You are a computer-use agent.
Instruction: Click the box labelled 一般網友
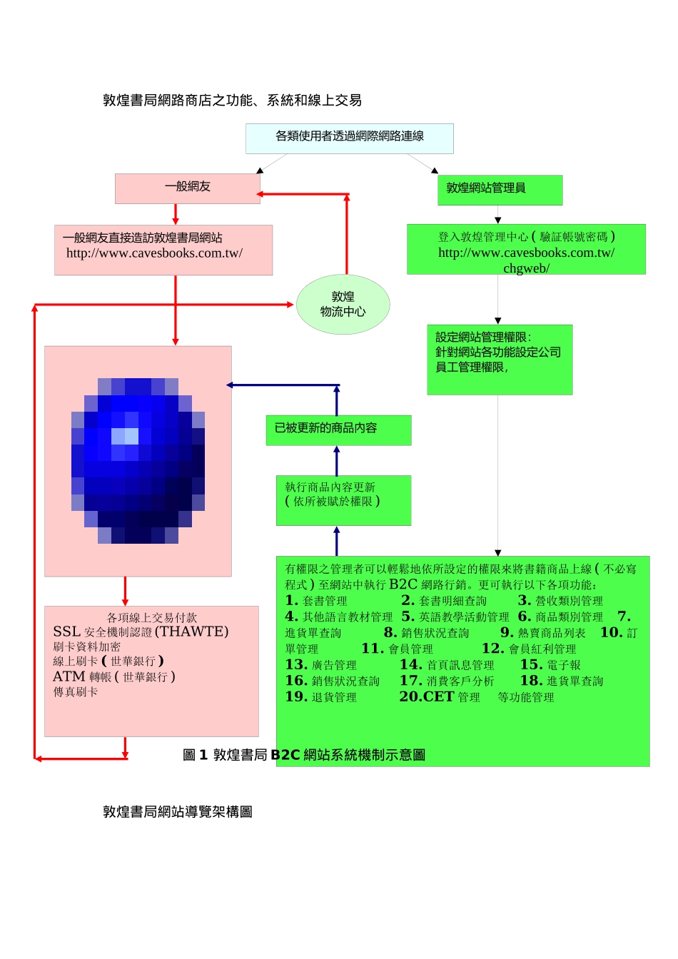188,187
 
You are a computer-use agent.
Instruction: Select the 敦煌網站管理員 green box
500,189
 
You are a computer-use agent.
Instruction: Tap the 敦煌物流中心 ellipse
343,305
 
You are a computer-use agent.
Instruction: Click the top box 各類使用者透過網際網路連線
350,137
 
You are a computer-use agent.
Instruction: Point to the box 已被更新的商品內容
338,430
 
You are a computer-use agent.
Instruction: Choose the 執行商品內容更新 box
343,499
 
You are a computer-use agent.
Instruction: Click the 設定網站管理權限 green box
500,359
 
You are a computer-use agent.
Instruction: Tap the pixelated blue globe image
138,460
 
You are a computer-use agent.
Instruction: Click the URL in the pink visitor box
154,253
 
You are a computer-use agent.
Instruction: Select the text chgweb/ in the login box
526,268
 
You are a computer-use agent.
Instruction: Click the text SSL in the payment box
66,631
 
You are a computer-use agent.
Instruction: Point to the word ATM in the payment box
69,676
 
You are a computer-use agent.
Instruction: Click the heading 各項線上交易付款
151,617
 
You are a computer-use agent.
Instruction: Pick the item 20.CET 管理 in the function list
439,697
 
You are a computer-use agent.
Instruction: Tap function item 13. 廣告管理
320,665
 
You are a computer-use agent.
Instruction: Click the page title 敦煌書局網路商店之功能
232,101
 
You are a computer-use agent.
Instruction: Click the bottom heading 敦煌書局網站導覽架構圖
178,812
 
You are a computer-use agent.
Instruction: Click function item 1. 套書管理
316,601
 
